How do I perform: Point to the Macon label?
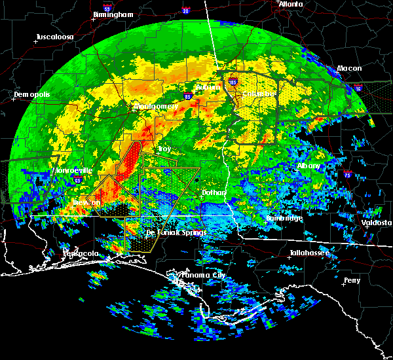(x=349, y=69)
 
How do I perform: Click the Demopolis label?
(x=30, y=95)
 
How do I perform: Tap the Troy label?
(x=164, y=149)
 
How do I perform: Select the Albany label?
(x=309, y=166)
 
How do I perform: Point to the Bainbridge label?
(x=284, y=218)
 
